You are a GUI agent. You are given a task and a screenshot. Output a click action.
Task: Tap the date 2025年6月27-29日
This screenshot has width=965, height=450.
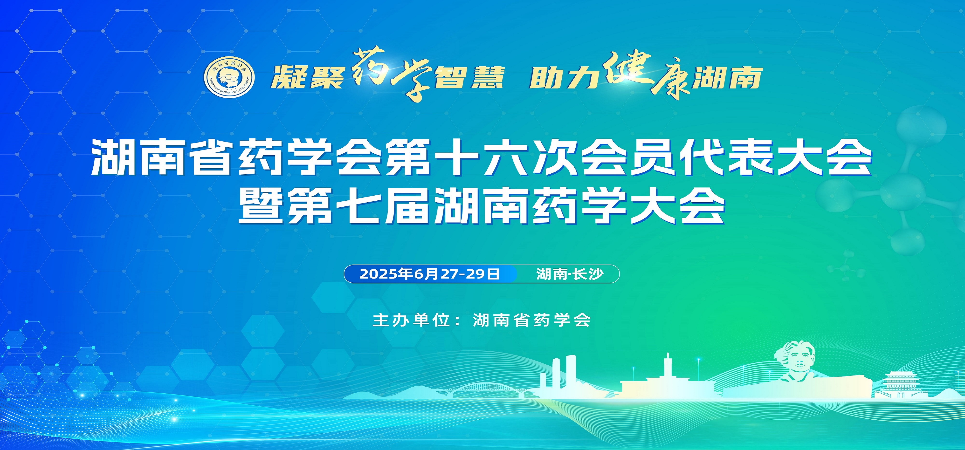(430, 274)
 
